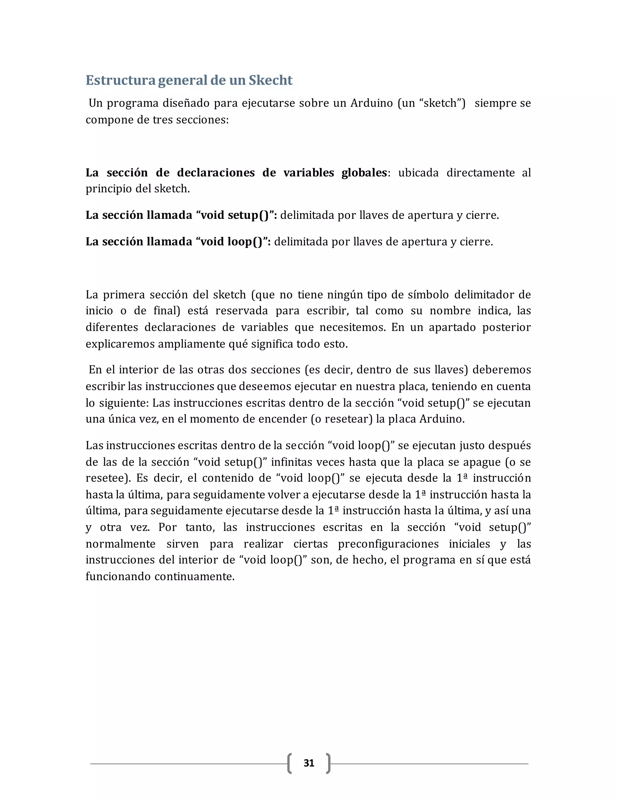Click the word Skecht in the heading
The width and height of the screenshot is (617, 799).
(271, 80)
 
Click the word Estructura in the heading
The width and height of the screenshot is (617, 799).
(121, 80)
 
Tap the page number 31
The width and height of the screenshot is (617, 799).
(309, 763)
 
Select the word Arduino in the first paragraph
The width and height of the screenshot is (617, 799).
(371, 103)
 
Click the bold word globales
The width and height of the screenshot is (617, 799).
(364, 173)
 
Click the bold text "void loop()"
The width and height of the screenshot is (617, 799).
(232, 242)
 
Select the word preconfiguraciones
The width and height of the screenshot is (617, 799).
(388, 544)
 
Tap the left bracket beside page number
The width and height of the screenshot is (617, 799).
(290, 763)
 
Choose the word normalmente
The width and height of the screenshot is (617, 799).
(120, 544)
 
